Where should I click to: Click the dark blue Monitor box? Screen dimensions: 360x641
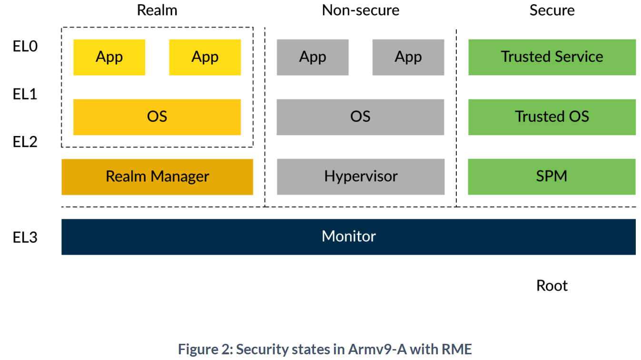point(348,237)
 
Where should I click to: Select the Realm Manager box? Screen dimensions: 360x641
point(157,177)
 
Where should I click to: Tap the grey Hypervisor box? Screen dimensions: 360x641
point(360,177)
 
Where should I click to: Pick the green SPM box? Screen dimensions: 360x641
point(552,177)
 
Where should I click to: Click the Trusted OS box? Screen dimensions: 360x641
point(552,117)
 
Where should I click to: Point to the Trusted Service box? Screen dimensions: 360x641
point(552,57)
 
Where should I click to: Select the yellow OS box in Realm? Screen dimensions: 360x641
point(157,117)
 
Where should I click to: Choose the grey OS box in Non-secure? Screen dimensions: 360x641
point(360,117)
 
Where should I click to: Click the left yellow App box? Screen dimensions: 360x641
point(109,57)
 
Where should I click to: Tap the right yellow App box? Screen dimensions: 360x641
point(205,57)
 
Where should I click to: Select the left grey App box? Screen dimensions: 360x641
point(313,57)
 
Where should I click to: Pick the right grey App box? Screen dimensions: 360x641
point(408,57)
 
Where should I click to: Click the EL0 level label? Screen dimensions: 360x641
point(25,47)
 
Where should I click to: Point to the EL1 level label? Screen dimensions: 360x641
point(25,94)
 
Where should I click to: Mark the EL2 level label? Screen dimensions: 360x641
point(25,142)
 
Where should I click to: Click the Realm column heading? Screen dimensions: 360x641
point(157,10)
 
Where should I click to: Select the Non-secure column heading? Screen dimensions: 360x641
point(360,10)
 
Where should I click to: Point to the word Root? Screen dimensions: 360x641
point(552,286)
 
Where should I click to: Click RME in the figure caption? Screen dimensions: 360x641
point(457,350)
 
